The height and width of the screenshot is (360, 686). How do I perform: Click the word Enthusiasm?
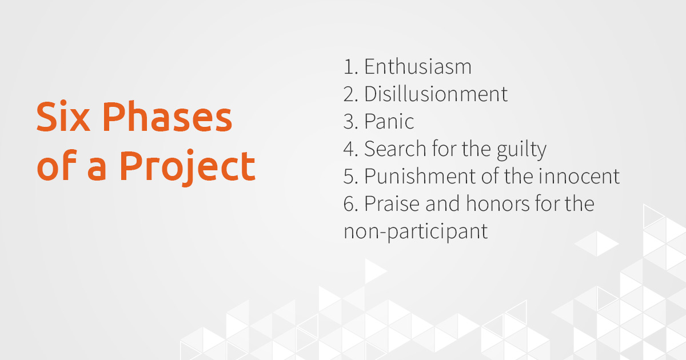click(x=418, y=67)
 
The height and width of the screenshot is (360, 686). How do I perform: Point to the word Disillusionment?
click(x=436, y=94)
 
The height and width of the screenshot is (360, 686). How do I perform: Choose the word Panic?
click(x=389, y=122)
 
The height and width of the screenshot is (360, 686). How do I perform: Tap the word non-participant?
click(x=416, y=232)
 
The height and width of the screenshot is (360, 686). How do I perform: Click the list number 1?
click(x=349, y=67)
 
